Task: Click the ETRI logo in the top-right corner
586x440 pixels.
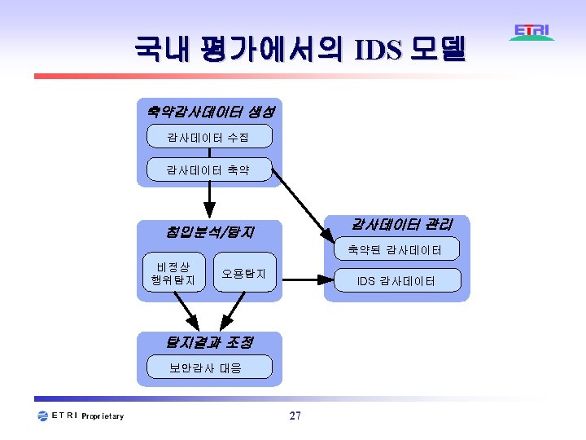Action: (532, 32)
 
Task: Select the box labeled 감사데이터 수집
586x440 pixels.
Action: (209, 136)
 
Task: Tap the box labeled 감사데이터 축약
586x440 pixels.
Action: (209, 169)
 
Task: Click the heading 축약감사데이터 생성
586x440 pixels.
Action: (209, 110)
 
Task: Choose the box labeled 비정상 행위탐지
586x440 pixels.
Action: (173, 274)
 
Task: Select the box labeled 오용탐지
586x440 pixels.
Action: (244, 274)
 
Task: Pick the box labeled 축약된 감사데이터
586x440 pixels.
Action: (395, 249)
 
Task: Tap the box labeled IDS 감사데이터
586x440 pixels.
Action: (397, 281)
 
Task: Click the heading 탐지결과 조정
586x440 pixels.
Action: (208, 342)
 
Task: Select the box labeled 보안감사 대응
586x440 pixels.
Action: (208, 367)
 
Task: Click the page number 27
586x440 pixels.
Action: (295, 416)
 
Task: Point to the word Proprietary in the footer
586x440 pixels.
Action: (103, 416)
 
